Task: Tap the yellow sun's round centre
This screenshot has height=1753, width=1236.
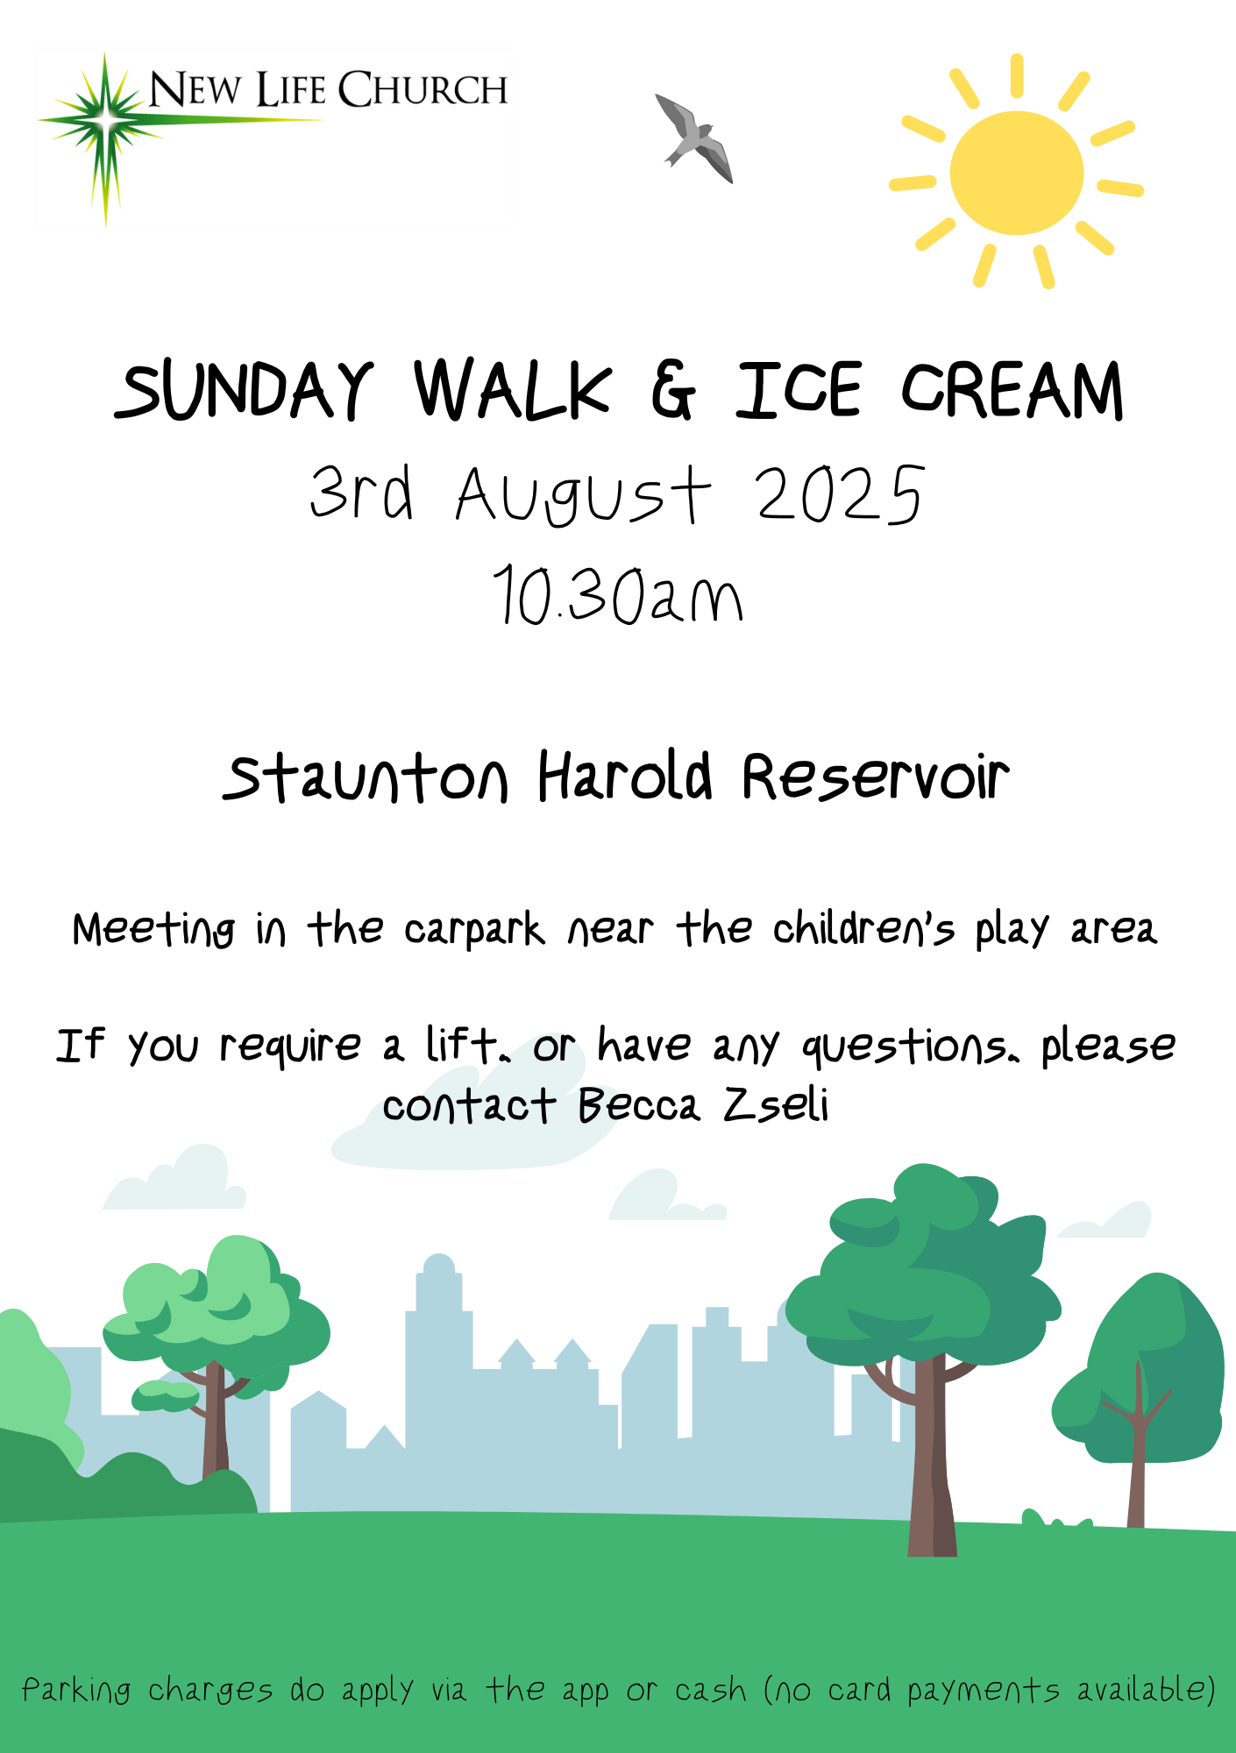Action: click(x=1017, y=173)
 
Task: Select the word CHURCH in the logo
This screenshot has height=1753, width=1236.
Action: click(x=423, y=89)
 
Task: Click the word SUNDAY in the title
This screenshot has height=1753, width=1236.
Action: click(x=244, y=390)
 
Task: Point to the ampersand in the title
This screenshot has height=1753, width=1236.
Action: click(x=673, y=391)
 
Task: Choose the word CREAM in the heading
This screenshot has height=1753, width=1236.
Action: click(x=1013, y=390)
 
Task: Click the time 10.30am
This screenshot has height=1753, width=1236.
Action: click(x=618, y=595)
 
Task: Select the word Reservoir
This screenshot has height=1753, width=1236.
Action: click(x=876, y=777)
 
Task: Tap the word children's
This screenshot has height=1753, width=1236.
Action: click(x=863, y=928)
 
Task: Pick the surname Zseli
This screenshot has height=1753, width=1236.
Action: click(x=776, y=1104)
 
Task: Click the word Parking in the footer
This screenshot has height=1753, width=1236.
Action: click(x=77, y=1691)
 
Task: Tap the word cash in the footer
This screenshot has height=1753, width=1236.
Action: click(x=711, y=1691)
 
